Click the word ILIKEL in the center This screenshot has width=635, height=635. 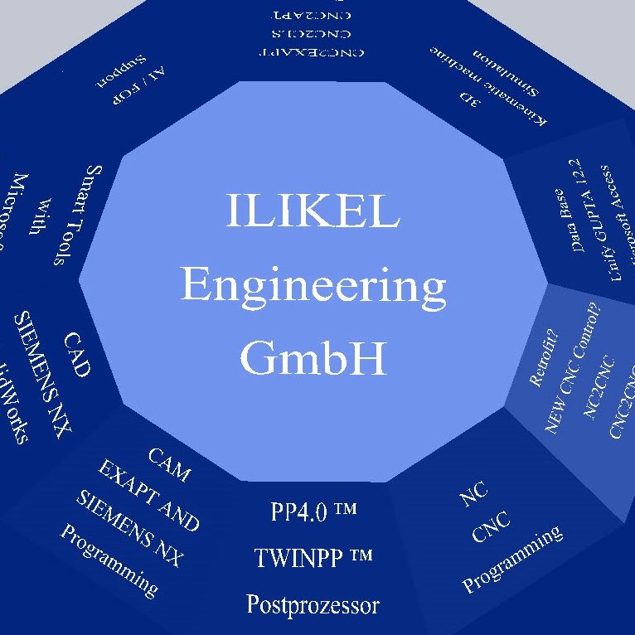[313, 212]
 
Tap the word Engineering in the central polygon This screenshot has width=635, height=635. [313, 287]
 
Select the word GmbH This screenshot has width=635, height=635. [313, 359]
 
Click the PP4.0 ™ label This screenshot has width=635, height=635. [313, 511]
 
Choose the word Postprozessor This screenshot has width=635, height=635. [313, 603]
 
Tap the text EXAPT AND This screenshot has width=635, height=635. [149, 495]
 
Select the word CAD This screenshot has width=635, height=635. [76, 355]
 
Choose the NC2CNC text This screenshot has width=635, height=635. [600, 387]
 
